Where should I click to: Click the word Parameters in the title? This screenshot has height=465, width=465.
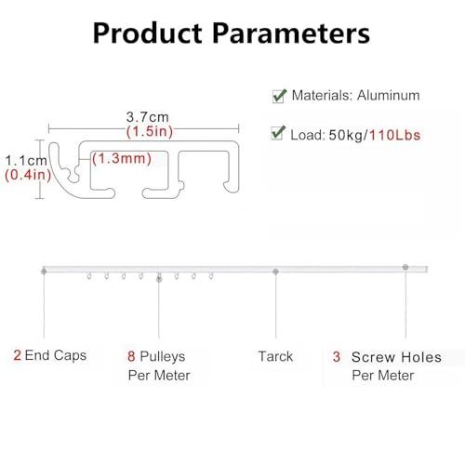[291, 33]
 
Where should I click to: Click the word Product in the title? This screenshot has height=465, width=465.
[148, 33]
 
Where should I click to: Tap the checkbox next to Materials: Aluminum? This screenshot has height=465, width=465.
[279, 96]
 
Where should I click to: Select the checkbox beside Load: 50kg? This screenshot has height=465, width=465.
[278, 133]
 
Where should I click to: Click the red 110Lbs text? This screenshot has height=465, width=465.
[395, 135]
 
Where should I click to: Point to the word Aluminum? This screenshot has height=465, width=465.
[389, 95]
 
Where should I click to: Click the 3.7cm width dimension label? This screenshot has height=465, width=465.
[148, 117]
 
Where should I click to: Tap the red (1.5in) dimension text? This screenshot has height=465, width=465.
[150, 131]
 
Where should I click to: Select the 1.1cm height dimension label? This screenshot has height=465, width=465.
[26, 161]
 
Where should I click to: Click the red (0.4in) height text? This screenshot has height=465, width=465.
[28, 175]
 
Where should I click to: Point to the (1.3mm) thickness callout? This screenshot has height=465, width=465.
[122, 158]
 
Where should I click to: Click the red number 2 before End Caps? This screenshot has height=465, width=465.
[18, 355]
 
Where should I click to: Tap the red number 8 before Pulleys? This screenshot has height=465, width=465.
[131, 356]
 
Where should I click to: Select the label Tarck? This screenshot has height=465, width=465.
[275, 356]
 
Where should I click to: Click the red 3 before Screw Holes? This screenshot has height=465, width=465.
[337, 357]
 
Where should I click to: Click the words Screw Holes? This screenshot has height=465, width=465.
[396, 357]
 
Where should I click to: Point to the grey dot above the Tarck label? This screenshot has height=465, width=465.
[275, 272]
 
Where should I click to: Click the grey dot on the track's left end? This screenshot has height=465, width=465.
[44, 272]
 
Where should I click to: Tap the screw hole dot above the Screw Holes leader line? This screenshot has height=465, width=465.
[405, 267]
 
